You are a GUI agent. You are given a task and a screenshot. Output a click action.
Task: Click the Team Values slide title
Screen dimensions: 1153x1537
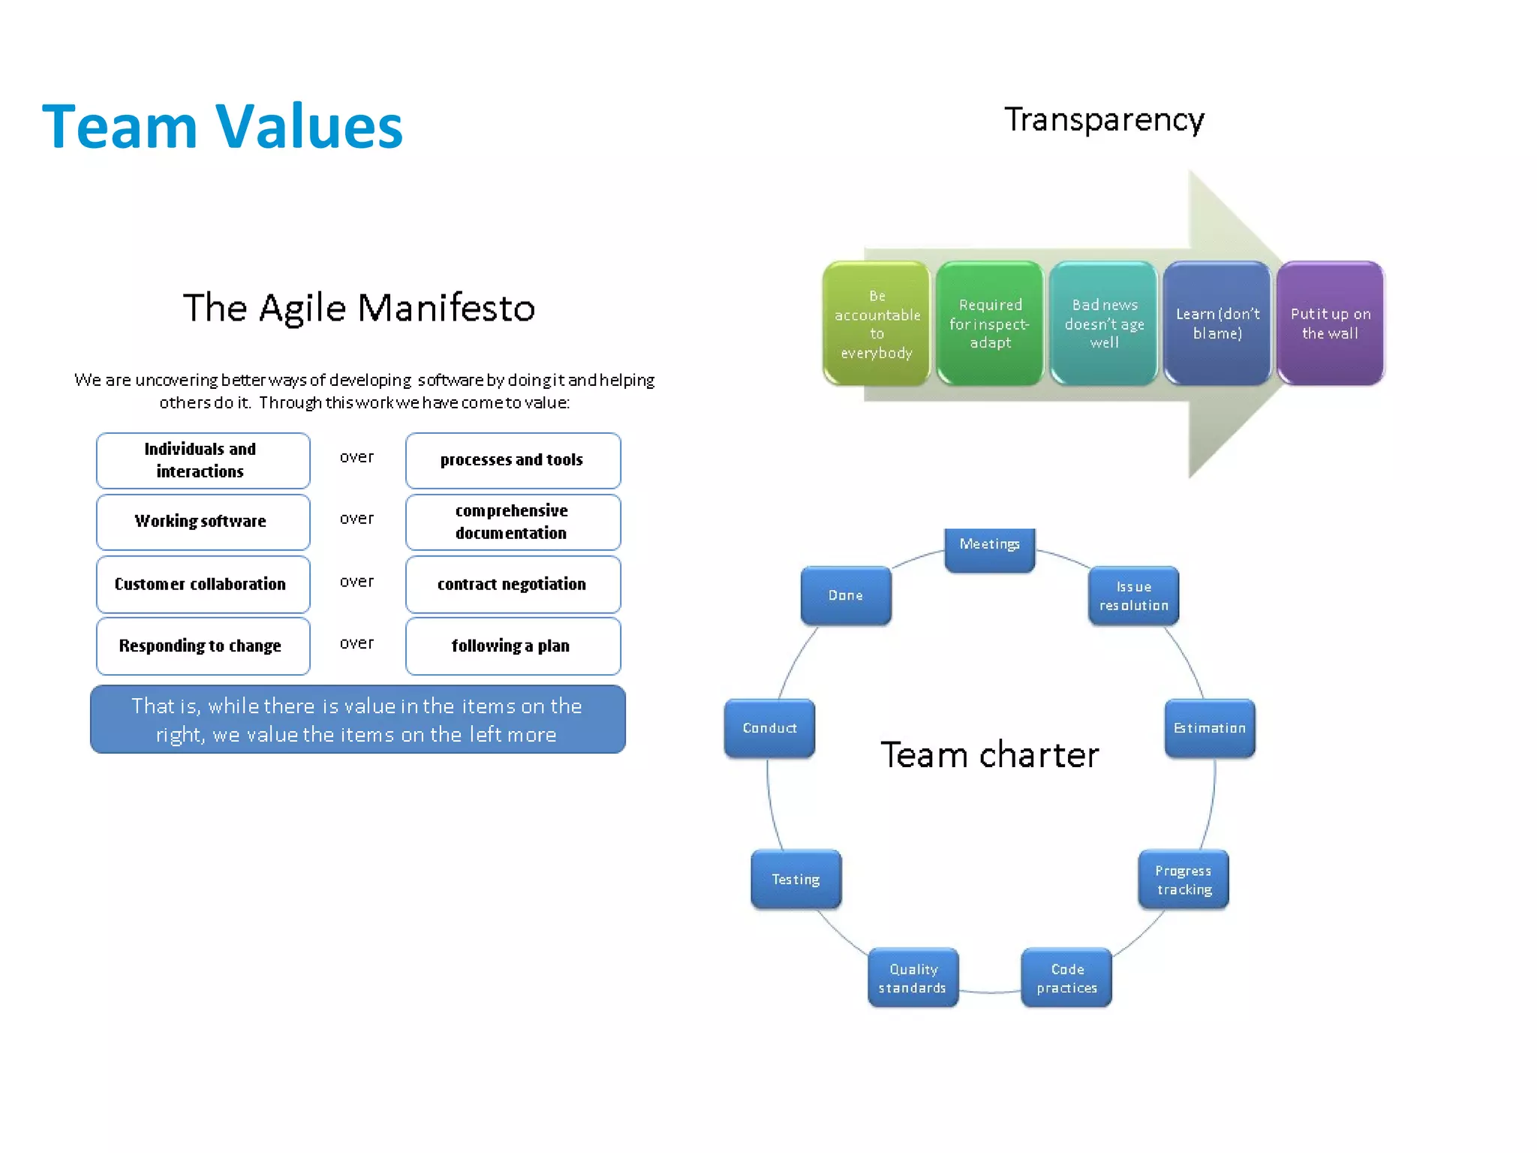pos(222,126)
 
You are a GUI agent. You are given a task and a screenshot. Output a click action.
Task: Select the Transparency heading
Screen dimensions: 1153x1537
pos(1104,120)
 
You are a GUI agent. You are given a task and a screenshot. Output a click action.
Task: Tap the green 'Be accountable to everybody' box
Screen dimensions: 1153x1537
pos(877,324)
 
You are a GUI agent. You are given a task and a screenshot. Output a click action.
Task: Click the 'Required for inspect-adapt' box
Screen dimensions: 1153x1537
pos(990,324)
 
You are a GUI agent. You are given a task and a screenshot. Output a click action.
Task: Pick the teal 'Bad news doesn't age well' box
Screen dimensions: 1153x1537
pos(1104,324)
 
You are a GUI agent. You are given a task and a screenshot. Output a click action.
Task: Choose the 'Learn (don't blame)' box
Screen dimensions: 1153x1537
pos(1217,324)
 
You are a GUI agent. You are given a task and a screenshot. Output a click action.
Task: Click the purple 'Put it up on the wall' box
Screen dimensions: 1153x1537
pos(1331,324)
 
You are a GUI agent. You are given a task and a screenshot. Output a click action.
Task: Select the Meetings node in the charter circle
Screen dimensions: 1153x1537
pos(989,549)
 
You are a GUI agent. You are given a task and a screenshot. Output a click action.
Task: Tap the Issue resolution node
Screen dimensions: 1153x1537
pos(1133,596)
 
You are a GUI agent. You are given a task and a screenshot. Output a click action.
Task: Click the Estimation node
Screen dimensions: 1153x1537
pos(1209,728)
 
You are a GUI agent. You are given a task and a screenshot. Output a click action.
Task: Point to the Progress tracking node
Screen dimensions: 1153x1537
pos(1184,880)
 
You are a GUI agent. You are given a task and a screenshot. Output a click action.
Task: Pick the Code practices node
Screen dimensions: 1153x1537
pos(1066,978)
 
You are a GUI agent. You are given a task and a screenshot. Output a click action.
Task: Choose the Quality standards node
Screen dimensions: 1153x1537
pos(913,978)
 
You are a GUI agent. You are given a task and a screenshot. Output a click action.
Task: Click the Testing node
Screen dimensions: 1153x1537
pos(796,879)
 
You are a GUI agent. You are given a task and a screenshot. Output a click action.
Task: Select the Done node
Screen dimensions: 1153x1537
pos(846,595)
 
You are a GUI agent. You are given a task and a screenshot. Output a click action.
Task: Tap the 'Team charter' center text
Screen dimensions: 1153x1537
pos(989,755)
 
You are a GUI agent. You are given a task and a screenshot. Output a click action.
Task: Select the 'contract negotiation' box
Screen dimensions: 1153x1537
pos(513,585)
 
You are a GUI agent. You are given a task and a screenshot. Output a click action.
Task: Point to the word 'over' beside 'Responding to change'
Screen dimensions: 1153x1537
pos(356,643)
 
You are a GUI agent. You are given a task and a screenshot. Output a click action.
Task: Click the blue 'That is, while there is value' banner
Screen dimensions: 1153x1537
pos(357,720)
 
